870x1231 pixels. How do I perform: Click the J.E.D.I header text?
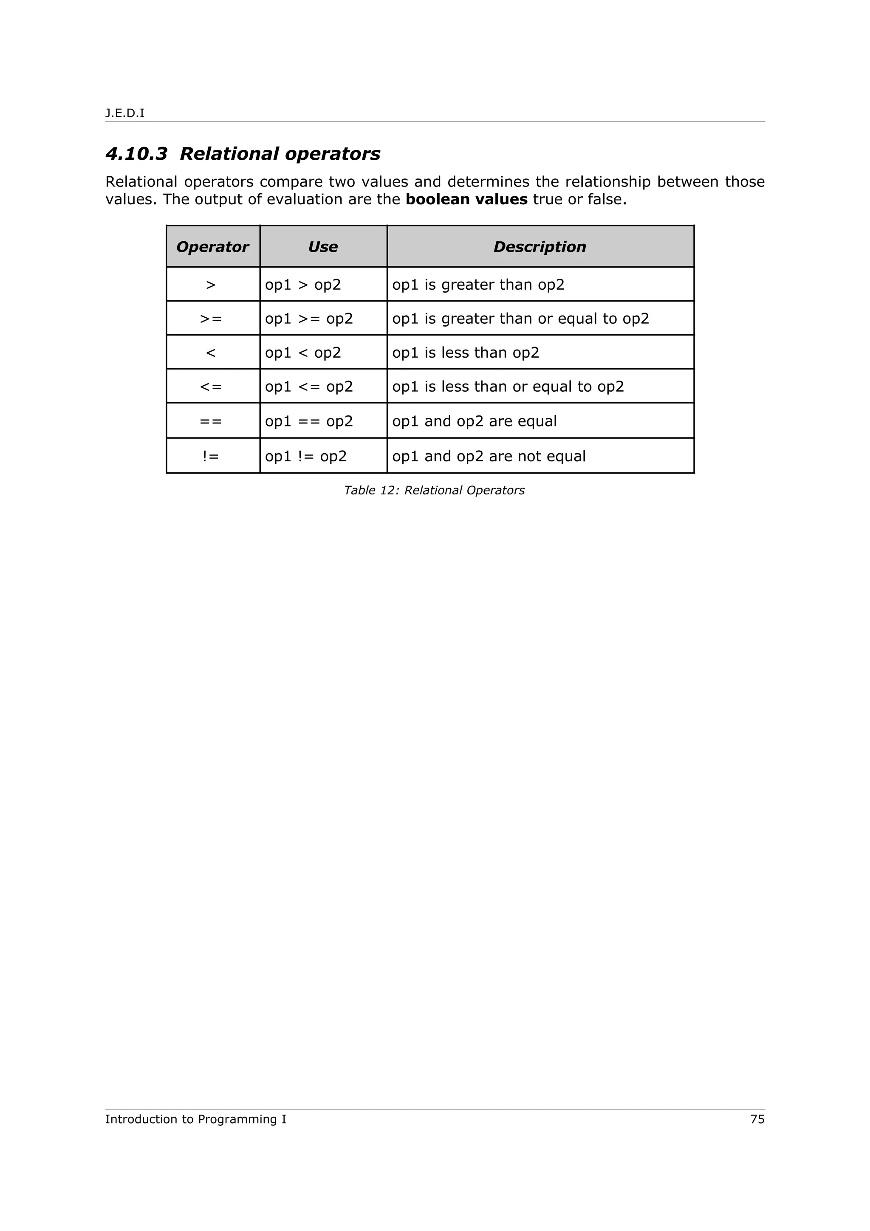coord(124,113)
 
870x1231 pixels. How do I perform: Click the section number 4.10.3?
coord(136,154)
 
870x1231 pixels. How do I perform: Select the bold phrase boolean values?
coord(466,200)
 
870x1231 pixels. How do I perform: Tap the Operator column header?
coord(212,247)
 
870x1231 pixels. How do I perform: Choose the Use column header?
coord(323,247)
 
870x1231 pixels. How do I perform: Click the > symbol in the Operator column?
coord(211,285)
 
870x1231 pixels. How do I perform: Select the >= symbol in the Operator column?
coord(211,319)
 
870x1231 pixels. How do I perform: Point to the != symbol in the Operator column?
coord(211,456)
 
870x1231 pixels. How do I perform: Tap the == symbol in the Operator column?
coord(211,421)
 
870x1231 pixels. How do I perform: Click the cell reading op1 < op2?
coord(303,353)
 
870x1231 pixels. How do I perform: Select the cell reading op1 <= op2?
coord(309,387)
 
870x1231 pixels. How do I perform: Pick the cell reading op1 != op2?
coord(305,456)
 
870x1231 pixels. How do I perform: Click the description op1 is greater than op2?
coord(478,285)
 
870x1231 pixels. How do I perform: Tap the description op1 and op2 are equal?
coord(475,421)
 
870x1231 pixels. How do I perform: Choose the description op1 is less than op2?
coord(465,353)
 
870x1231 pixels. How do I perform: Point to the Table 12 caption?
coord(434,490)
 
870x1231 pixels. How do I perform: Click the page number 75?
coord(757,1119)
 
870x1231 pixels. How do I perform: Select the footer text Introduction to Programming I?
coord(196,1119)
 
